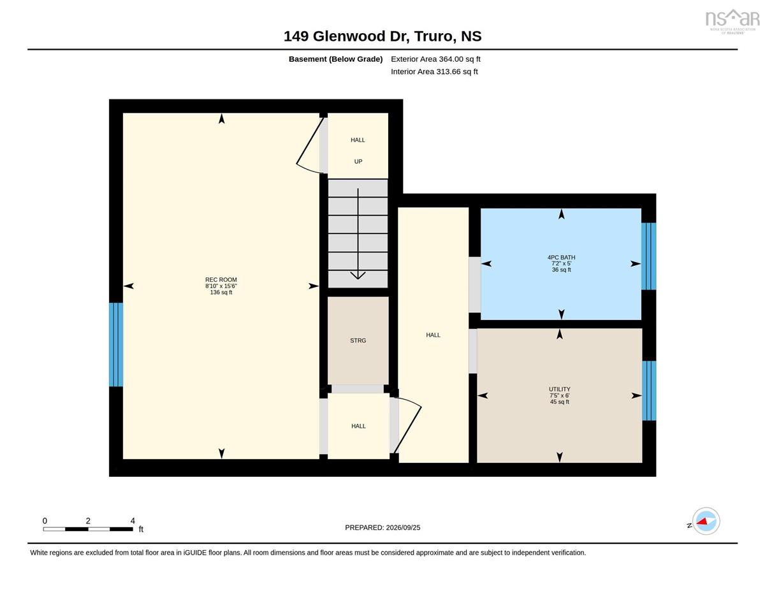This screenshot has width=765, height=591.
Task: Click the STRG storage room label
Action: [x=358, y=340]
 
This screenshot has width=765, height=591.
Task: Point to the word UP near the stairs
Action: [x=358, y=161]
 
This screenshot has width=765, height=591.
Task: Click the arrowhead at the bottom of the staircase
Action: [x=358, y=275]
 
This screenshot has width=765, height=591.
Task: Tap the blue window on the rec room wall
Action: [x=116, y=345]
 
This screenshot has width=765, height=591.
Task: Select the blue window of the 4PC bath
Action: [x=648, y=256]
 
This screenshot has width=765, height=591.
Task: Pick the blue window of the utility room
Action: [x=649, y=391]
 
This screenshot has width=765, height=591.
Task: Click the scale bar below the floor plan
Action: [x=88, y=529]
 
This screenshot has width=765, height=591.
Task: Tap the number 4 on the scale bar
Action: [x=133, y=521]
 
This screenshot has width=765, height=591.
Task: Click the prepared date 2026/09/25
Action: [x=403, y=528]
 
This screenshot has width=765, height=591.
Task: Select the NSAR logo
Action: [x=732, y=21]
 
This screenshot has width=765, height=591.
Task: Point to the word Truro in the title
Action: [x=433, y=36]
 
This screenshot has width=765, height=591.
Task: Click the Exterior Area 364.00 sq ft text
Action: [x=435, y=59]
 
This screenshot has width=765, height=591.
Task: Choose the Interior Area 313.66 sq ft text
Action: [x=434, y=72]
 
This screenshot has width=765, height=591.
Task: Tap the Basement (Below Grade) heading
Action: [x=335, y=59]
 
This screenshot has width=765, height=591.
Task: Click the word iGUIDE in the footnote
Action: [x=194, y=553]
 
